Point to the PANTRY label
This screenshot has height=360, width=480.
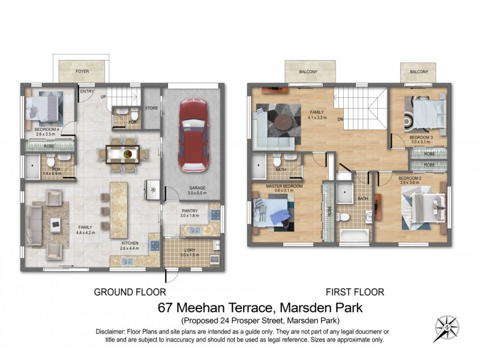point(190,211)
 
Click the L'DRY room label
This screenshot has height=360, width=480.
point(190,247)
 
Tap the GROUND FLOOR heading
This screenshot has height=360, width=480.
point(130,292)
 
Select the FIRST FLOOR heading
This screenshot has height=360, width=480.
point(355,292)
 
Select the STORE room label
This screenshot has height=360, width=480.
point(151,108)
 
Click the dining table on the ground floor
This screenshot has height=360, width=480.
point(127,154)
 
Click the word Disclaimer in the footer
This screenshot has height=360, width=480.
point(112,332)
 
